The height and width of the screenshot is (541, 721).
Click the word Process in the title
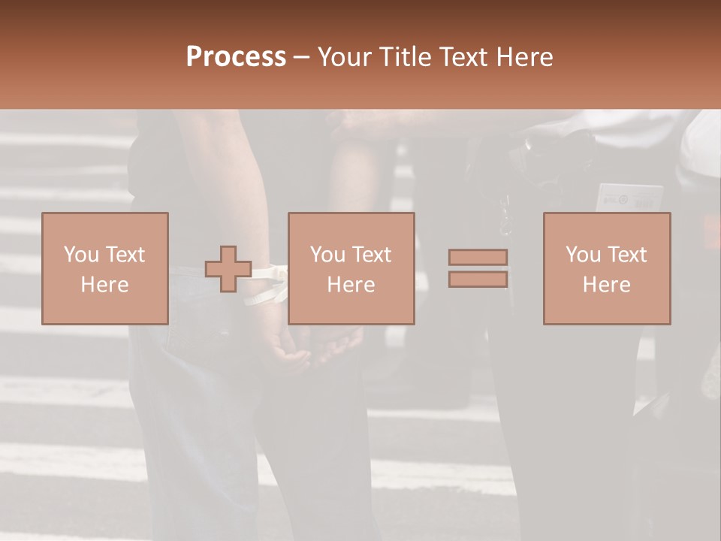point(236,57)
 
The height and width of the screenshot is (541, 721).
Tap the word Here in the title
point(523,57)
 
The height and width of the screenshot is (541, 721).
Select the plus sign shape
point(228,269)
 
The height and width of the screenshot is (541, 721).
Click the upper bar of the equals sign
point(478,257)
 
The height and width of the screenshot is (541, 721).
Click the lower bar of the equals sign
point(478,280)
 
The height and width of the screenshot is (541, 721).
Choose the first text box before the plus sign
point(104,268)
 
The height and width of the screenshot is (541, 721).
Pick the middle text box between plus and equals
point(351,268)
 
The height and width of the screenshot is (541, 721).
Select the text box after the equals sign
point(606,268)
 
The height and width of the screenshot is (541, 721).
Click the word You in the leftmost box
point(80,255)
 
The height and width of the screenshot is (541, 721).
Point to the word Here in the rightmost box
point(606,285)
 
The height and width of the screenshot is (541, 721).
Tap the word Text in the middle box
point(372,255)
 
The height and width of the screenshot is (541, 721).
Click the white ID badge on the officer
point(629,198)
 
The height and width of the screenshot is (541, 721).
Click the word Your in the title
point(346,57)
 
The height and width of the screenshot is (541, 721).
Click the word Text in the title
point(463,57)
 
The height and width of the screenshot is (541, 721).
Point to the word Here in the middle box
point(351,285)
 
